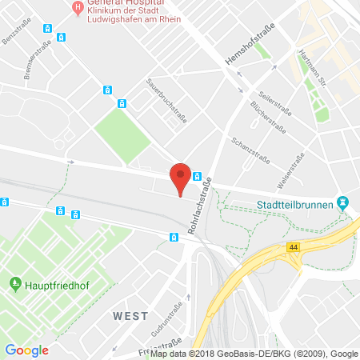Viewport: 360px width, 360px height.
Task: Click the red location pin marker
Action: [182, 177]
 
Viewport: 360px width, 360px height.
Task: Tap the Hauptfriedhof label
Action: [54, 283]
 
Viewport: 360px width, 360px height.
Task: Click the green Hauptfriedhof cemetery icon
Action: [14, 283]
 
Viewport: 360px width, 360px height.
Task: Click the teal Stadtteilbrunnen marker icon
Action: [343, 204]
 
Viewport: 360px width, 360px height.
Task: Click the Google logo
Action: [26, 350]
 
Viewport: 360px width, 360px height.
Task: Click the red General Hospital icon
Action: [78, 9]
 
